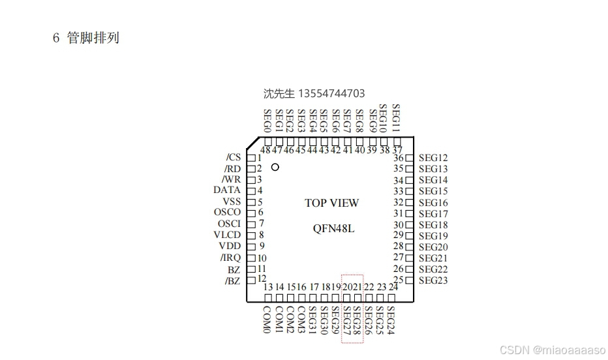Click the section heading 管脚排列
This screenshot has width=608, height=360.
93,38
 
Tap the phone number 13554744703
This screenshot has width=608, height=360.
331,93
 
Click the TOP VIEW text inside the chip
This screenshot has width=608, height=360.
331,203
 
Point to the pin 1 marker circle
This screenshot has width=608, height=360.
275,167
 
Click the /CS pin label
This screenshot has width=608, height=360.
233,157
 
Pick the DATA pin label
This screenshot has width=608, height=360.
227,190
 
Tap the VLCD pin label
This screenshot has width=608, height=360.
227,235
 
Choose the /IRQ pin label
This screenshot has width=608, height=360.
230,258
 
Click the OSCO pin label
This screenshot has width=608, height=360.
227,212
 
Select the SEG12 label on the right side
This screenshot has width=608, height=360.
433,158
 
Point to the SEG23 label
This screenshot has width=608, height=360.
433,280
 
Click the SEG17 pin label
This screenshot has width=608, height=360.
433,214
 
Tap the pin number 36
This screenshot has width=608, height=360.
398,158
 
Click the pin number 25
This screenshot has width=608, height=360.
398,280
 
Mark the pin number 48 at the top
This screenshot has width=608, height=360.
266,150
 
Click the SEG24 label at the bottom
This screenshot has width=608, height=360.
391,320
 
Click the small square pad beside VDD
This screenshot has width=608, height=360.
251,247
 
